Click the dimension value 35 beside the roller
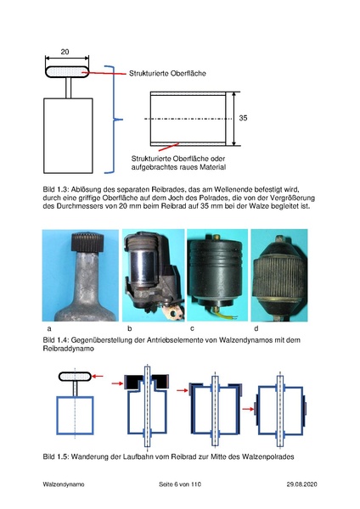point(243,118)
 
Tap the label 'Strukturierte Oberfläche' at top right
point(168,74)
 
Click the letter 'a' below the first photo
point(49,327)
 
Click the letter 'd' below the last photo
point(256,327)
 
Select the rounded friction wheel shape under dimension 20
point(66,70)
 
